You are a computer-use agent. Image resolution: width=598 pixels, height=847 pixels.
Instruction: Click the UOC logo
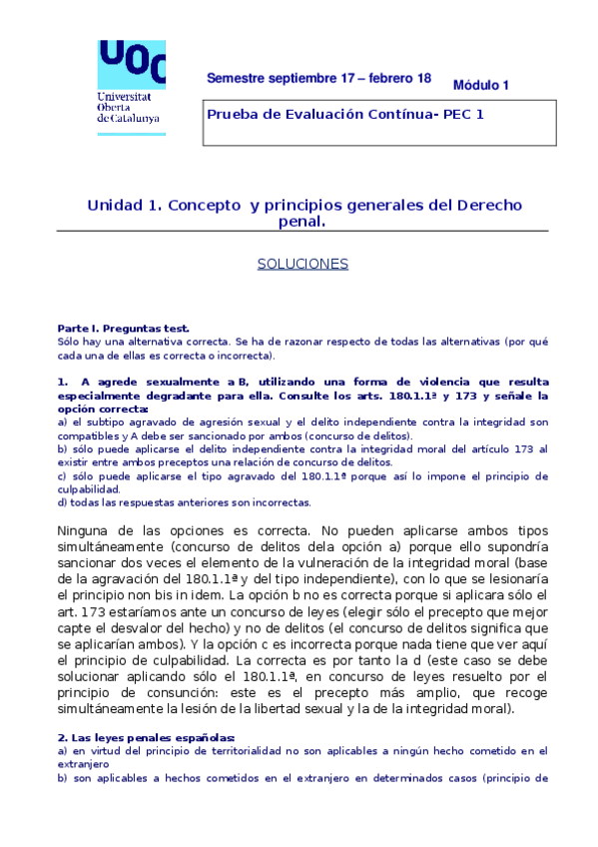pos(131,63)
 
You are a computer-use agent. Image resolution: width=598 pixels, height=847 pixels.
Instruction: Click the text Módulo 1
pos(480,85)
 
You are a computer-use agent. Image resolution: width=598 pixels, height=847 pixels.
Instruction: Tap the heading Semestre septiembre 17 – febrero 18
pos(318,78)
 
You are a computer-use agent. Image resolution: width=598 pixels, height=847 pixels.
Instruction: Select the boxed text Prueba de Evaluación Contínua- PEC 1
pos(344,114)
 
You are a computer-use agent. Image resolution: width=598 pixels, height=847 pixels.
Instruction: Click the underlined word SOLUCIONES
pos(302,264)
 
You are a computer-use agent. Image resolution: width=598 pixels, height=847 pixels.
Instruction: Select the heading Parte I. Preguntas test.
pos(123,328)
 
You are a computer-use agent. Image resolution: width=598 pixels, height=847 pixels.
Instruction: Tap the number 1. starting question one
pos(63,382)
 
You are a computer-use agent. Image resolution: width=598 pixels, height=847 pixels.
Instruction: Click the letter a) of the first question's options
pos(63,423)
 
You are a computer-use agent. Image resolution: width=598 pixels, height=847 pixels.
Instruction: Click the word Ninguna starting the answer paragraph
pos(87,531)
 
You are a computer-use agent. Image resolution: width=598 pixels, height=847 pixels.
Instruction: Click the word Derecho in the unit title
pos(489,206)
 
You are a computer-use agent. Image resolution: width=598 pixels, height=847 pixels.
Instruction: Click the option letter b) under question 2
pos(63,777)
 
